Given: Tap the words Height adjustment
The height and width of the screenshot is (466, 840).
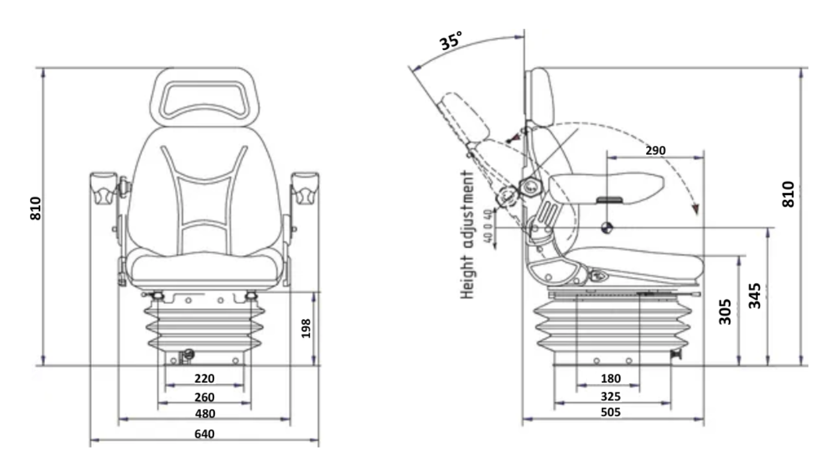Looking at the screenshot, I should (x=468, y=234).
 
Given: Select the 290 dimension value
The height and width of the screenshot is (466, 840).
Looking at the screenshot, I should (x=655, y=151).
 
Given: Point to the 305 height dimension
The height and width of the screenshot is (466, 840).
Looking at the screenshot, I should (x=725, y=311).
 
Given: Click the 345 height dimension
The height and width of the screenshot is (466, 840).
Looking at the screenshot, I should (x=755, y=296).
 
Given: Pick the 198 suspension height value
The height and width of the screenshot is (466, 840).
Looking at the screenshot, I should (x=306, y=328).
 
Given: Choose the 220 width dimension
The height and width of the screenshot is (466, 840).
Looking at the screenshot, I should (x=205, y=378).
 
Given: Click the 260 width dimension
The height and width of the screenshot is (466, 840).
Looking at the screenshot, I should (x=205, y=397).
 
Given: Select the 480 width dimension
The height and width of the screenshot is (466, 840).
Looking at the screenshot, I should (x=205, y=414).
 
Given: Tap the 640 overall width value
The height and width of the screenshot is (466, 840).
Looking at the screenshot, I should (x=205, y=434).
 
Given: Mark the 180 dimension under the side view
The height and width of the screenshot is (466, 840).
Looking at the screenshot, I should (x=610, y=378).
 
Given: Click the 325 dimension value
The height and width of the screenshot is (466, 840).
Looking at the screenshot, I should (x=610, y=396).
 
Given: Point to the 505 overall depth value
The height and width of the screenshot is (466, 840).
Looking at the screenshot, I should (x=610, y=413).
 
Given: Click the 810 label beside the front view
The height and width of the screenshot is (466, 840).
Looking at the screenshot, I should (x=37, y=208).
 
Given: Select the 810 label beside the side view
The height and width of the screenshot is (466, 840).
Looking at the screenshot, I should (x=788, y=194).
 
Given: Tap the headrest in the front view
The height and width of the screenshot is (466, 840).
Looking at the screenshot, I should (x=204, y=96).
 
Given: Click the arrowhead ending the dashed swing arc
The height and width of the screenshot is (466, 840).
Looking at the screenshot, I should (x=695, y=208).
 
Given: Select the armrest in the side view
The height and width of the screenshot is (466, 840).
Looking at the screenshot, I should (x=606, y=186).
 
